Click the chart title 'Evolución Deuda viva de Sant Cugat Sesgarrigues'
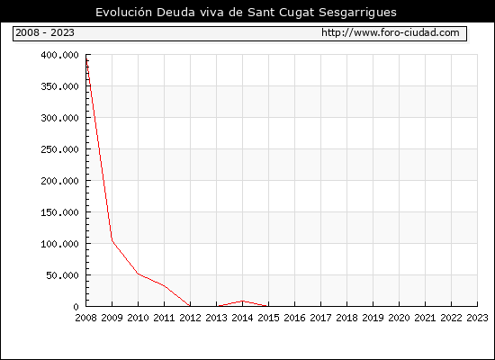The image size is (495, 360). point(246,13)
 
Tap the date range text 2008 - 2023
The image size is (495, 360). point(45,32)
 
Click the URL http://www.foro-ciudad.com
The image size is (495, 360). point(391,32)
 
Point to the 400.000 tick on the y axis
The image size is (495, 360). point(59,55)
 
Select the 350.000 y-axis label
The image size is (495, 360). point(59,86)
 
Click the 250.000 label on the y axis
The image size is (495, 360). point(59,149)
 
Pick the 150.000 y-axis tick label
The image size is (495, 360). point(59,212)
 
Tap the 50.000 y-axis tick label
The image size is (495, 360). point(62,275)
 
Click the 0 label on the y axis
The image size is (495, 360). point(76,307)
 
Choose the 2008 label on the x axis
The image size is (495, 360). point(85,318)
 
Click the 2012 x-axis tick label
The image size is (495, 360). point(190,318)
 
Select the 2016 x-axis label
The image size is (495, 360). point(294,318)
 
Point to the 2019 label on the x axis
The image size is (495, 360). point(373,318)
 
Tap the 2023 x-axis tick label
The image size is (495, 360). point(477,318)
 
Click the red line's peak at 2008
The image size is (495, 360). point(86,58)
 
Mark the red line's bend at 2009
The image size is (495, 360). point(112,240)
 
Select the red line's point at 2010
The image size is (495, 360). point(138,274)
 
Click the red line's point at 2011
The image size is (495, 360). point(164,286)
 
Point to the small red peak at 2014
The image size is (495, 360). point(242,301)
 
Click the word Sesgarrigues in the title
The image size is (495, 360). point(357,13)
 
